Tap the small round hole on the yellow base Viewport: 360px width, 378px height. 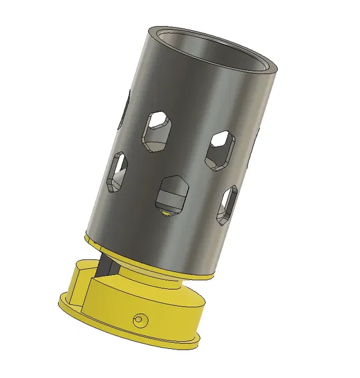[140, 319]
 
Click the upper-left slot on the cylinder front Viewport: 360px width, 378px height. [157, 130]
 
